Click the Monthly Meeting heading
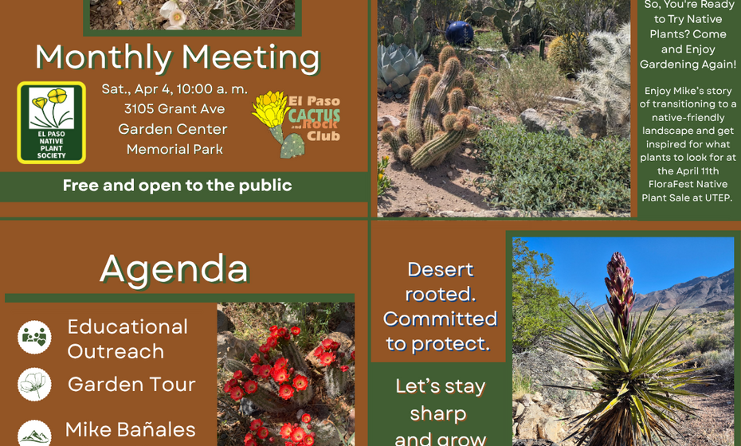(x=178, y=57)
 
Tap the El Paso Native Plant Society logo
(x=51, y=122)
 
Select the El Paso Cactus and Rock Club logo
(x=296, y=123)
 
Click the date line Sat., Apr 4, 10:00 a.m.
(x=174, y=89)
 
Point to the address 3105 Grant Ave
(x=174, y=109)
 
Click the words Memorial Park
(x=174, y=149)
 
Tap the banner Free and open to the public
(x=177, y=186)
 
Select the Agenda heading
(x=174, y=268)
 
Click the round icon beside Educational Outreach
(x=34, y=337)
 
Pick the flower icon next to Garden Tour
(x=34, y=385)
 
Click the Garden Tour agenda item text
(x=131, y=385)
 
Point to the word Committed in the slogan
(x=440, y=319)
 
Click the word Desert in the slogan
(x=440, y=269)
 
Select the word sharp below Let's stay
(x=437, y=413)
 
